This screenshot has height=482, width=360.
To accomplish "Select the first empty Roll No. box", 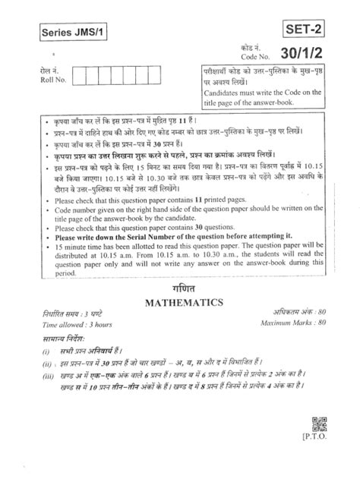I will pyautogui.click(x=84, y=75).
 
